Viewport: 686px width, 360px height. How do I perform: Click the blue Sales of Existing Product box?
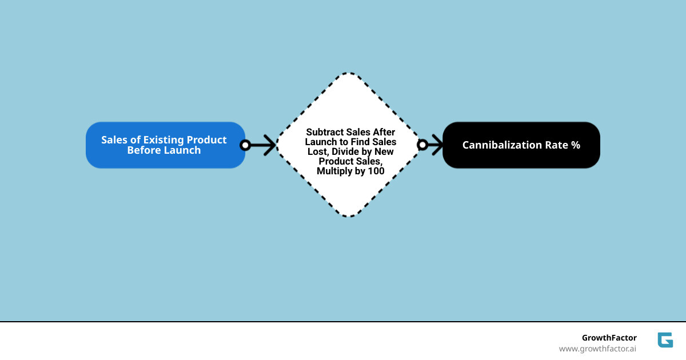click(x=165, y=145)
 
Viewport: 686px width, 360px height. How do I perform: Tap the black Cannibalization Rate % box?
click(x=521, y=145)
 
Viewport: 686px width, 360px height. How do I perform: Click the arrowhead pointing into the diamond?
click(x=268, y=145)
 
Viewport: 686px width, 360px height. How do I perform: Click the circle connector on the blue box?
click(x=245, y=145)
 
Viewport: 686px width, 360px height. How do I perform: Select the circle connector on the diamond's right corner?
click(x=422, y=145)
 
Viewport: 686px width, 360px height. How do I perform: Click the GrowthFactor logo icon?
click(x=665, y=340)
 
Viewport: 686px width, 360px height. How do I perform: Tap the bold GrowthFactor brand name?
click(x=609, y=338)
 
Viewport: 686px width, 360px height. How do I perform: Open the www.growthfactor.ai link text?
click(x=597, y=349)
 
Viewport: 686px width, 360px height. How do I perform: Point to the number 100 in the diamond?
click(x=376, y=171)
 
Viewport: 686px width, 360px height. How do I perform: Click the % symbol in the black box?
click(x=576, y=145)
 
